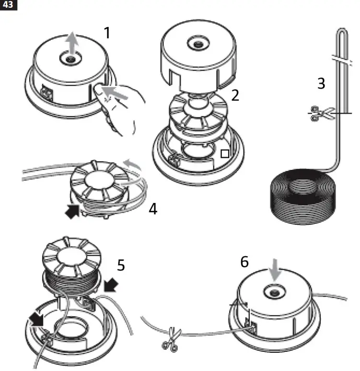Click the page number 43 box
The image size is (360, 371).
(x=9, y=5)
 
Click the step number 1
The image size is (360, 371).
(x=108, y=33)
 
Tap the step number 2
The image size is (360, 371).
(x=235, y=95)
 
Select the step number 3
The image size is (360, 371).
(x=321, y=83)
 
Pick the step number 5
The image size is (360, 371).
(x=121, y=264)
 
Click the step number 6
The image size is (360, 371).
(x=245, y=262)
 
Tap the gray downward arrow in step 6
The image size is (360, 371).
(x=275, y=273)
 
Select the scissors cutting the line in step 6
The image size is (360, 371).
(x=171, y=334)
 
